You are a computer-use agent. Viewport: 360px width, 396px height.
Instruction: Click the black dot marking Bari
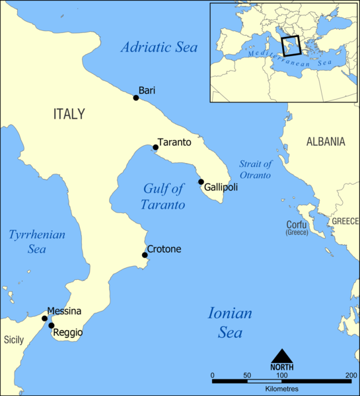click(x=136, y=98)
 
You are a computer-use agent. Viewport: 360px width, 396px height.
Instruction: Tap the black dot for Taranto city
click(x=155, y=147)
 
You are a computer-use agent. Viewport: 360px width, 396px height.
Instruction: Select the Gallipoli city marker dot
click(x=201, y=181)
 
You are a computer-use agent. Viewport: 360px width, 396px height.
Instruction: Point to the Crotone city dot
click(x=145, y=255)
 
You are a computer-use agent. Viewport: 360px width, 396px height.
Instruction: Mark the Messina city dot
click(x=45, y=318)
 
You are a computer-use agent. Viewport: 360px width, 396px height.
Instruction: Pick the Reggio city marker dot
click(x=51, y=325)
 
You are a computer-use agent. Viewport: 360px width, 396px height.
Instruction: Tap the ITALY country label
click(x=69, y=114)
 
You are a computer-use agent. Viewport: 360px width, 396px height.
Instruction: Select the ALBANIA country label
click(x=325, y=141)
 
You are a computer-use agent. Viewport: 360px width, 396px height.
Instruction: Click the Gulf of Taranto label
click(x=163, y=197)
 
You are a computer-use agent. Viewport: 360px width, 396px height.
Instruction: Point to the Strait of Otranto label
click(x=255, y=170)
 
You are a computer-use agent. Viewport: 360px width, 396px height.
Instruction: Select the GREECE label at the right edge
click(x=345, y=221)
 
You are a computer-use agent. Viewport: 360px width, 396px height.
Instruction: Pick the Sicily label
click(x=14, y=341)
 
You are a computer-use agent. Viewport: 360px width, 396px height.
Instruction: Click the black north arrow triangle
click(x=282, y=356)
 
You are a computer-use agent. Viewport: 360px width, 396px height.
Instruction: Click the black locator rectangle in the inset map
click(x=291, y=46)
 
